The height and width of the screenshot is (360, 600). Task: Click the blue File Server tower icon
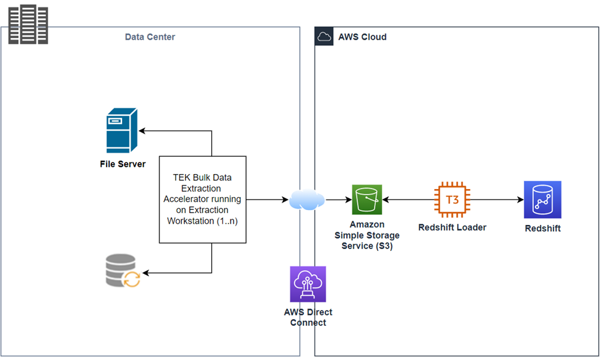point(121,130)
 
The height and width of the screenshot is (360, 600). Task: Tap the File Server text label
point(123,164)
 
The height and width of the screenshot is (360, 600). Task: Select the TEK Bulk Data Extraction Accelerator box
point(202,200)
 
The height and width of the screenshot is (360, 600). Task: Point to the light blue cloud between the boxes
point(307,200)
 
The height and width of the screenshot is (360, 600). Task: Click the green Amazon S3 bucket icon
point(367,200)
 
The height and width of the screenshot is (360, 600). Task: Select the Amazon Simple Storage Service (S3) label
point(367,235)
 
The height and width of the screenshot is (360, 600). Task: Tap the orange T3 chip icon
point(452,200)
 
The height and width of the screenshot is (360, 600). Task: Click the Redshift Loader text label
point(452,227)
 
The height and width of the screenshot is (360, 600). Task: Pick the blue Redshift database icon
point(542,200)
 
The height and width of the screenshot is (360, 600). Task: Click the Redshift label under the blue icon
point(542,229)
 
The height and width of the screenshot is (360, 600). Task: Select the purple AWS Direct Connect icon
point(308,284)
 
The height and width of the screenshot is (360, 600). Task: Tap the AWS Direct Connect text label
point(308,317)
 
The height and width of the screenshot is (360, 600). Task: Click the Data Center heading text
point(150,37)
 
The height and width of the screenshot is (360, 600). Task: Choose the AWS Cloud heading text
point(362,37)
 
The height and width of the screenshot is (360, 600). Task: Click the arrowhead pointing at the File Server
point(142,131)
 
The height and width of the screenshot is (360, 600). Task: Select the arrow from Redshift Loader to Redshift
point(495,200)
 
